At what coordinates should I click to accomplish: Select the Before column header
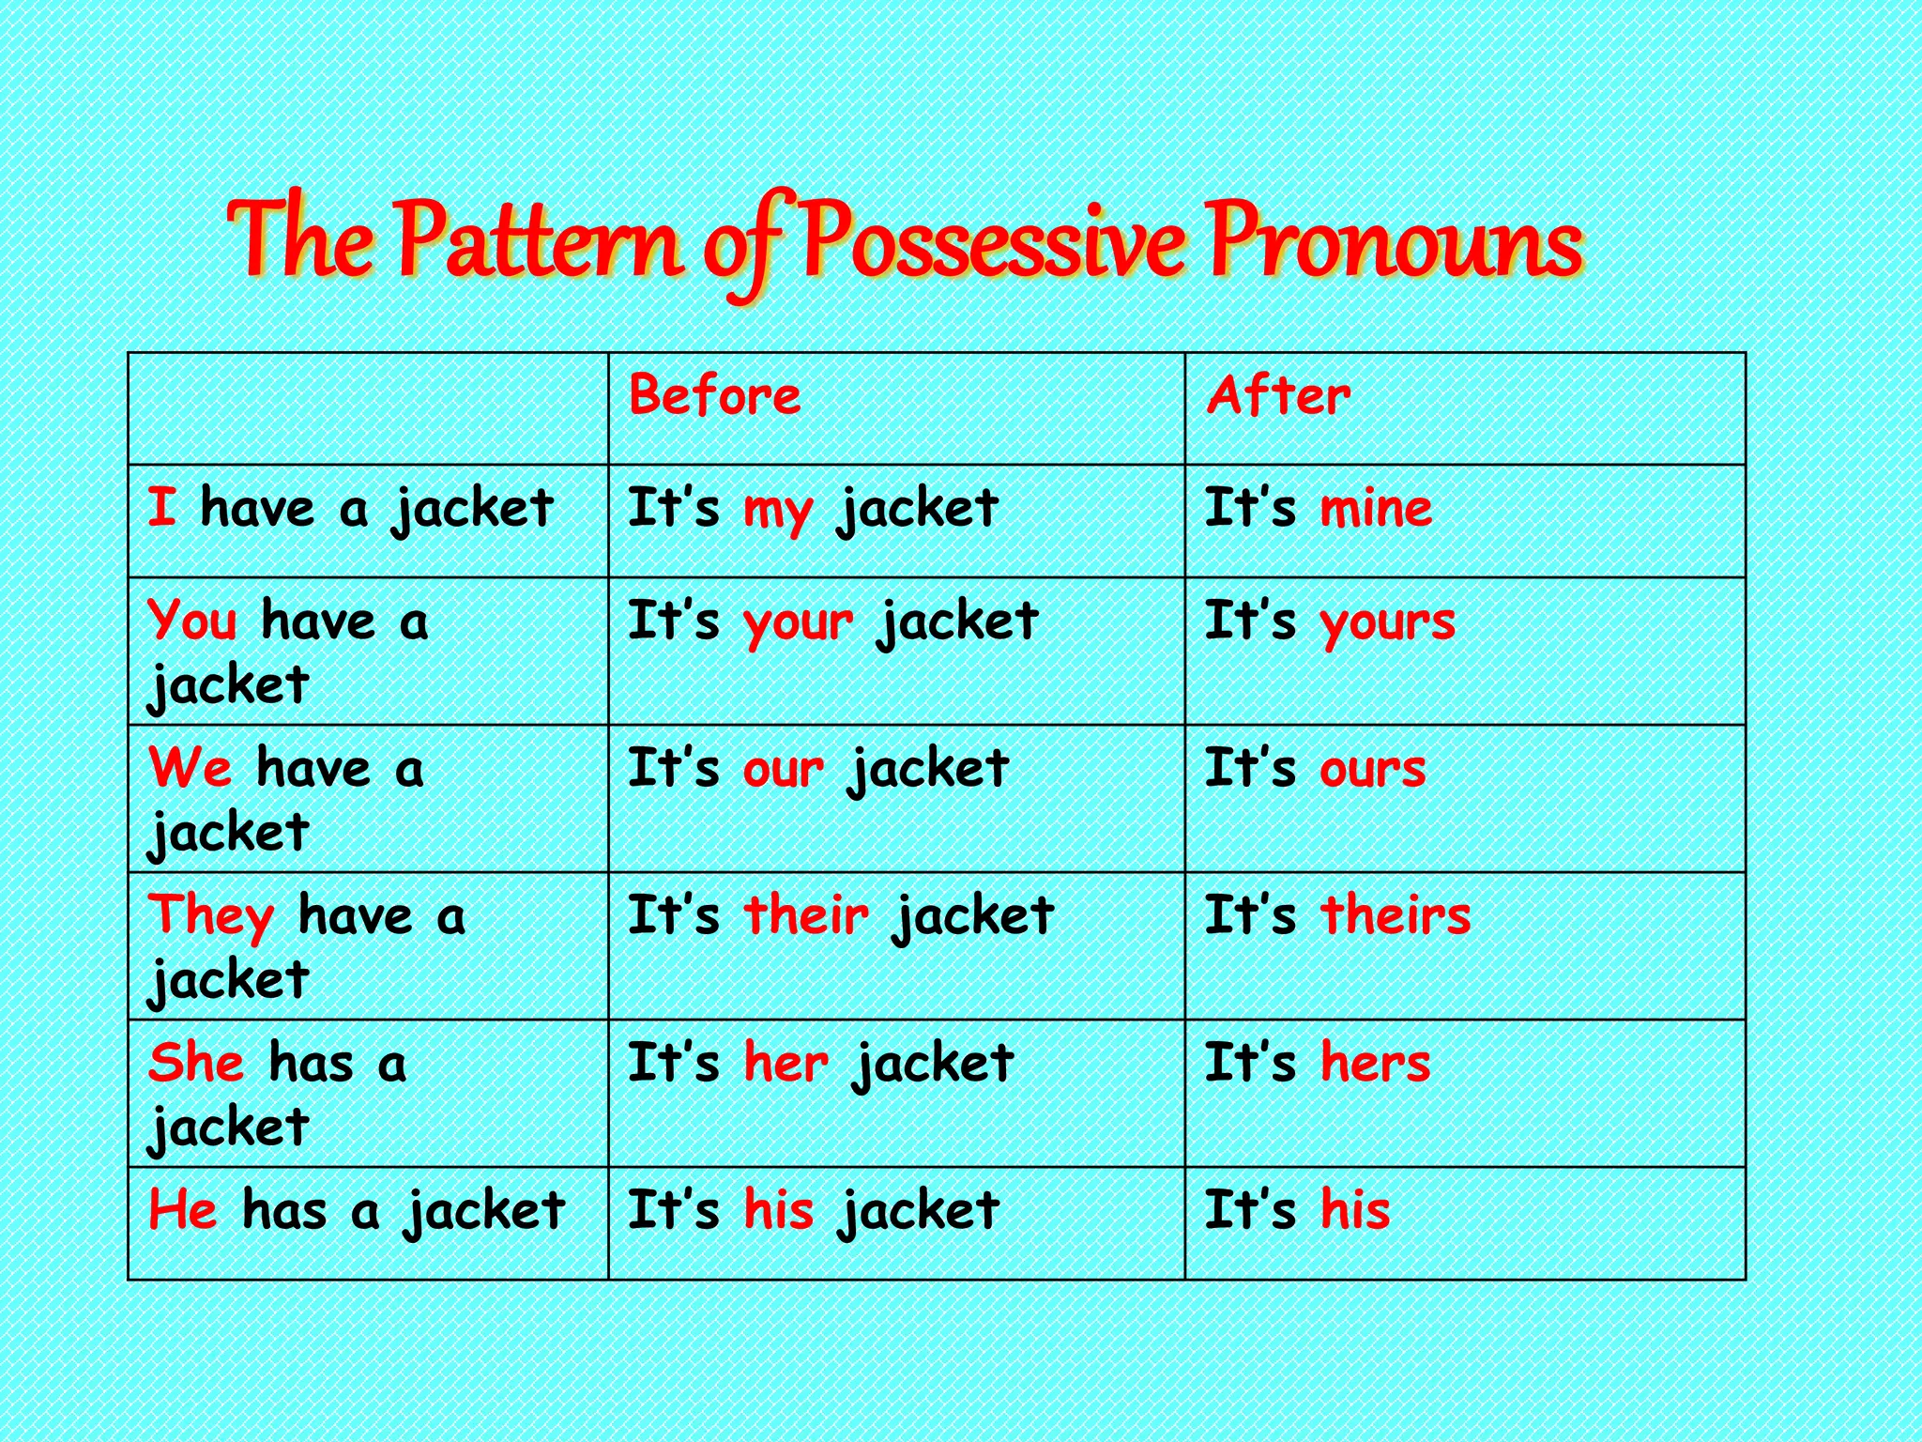(714, 395)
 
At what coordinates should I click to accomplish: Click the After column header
(1278, 395)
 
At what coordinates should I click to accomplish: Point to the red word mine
(1376, 508)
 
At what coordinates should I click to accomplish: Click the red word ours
(1372, 769)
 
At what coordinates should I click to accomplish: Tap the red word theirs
(1396, 915)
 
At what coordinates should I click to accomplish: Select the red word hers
(1375, 1063)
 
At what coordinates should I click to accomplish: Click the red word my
(777, 512)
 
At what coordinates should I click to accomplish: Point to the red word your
(798, 623)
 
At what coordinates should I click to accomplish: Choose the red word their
(806, 915)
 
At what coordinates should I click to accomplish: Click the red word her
(786, 1063)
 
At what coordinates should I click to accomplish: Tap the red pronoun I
(161, 508)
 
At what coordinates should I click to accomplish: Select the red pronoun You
(192, 621)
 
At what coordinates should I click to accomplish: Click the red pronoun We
(190, 768)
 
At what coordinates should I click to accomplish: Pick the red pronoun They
(211, 916)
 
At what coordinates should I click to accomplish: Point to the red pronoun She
(196, 1063)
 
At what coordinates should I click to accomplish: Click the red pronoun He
(183, 1209)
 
